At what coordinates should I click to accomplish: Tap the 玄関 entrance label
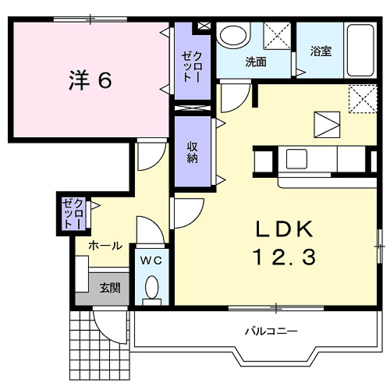pos(109,288)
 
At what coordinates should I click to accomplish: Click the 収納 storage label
pos(192,152)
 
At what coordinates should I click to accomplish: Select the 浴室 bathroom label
pos(321,52)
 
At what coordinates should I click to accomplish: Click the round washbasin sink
pos(232,36)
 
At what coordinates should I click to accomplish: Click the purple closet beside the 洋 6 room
pos(191,62)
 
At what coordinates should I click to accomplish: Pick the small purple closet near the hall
pos(73,213)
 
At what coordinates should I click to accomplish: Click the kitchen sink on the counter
pos(300,158)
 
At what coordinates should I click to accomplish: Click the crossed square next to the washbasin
pos(276,37)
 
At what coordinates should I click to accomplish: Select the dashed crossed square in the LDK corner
pos(359,97)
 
